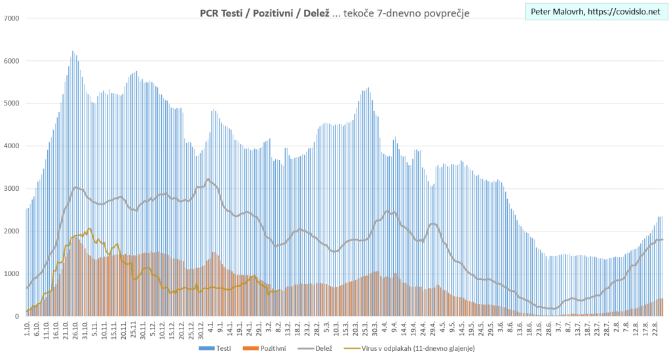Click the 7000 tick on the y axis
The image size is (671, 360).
click(11, 18)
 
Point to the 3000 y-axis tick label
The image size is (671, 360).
click(11, 189)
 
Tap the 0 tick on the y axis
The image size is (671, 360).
click(17, 317)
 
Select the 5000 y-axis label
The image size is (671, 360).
click(11, 104)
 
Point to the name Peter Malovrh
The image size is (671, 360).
click(554, 12)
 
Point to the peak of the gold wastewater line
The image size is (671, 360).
click(89, 229)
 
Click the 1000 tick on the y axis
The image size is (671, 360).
click(11, 274)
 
